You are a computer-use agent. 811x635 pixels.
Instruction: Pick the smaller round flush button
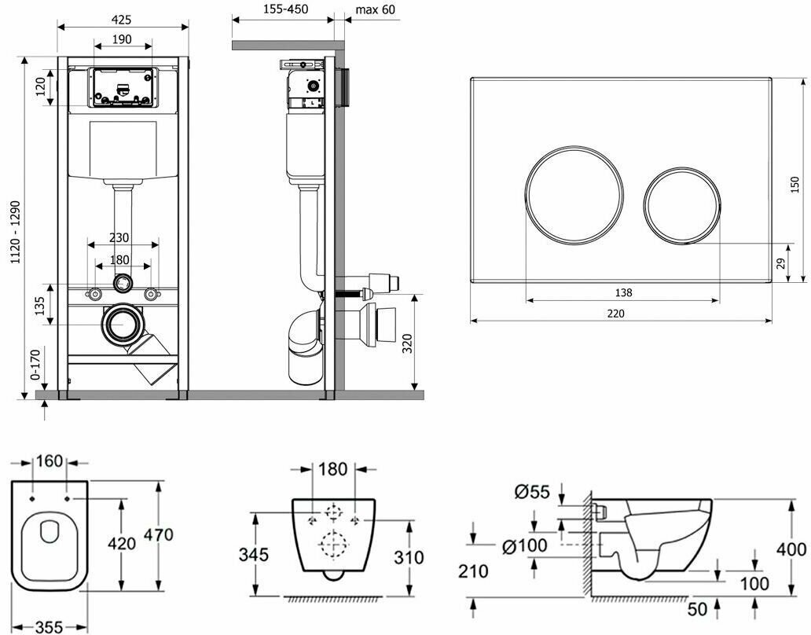[681, 204]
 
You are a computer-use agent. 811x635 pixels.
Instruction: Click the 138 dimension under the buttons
[623, 292]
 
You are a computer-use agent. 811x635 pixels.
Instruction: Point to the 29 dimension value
[780, 262]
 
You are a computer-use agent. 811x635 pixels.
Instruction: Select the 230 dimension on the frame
[119, 237]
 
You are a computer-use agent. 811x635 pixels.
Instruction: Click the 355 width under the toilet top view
[49, 626]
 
